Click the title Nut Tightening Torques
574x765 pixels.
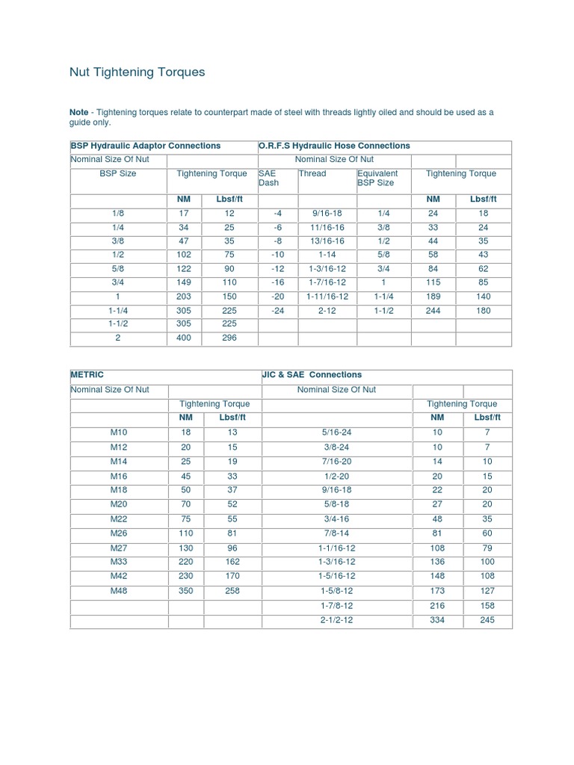[x=137, y=72]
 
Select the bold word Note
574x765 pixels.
[x=78, y=112]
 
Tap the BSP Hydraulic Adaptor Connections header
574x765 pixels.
[x=145, y=146]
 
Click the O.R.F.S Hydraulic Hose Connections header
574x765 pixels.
[x=334, y=146]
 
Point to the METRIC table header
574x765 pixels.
[x=87, y=375]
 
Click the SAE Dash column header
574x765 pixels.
[x=268, y=178]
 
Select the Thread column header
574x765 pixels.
[x=312, y=173]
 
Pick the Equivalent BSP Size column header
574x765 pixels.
[x=377, y=178]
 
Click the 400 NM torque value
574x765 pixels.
[x=183, y=338]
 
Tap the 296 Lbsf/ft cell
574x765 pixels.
[x=229, y=338]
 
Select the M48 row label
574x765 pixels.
[x=119, y=591]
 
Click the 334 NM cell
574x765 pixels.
[x=437, y=620]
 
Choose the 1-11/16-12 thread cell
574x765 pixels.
[x=327, y=296]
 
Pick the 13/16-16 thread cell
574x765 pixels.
[x=327, y=241]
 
